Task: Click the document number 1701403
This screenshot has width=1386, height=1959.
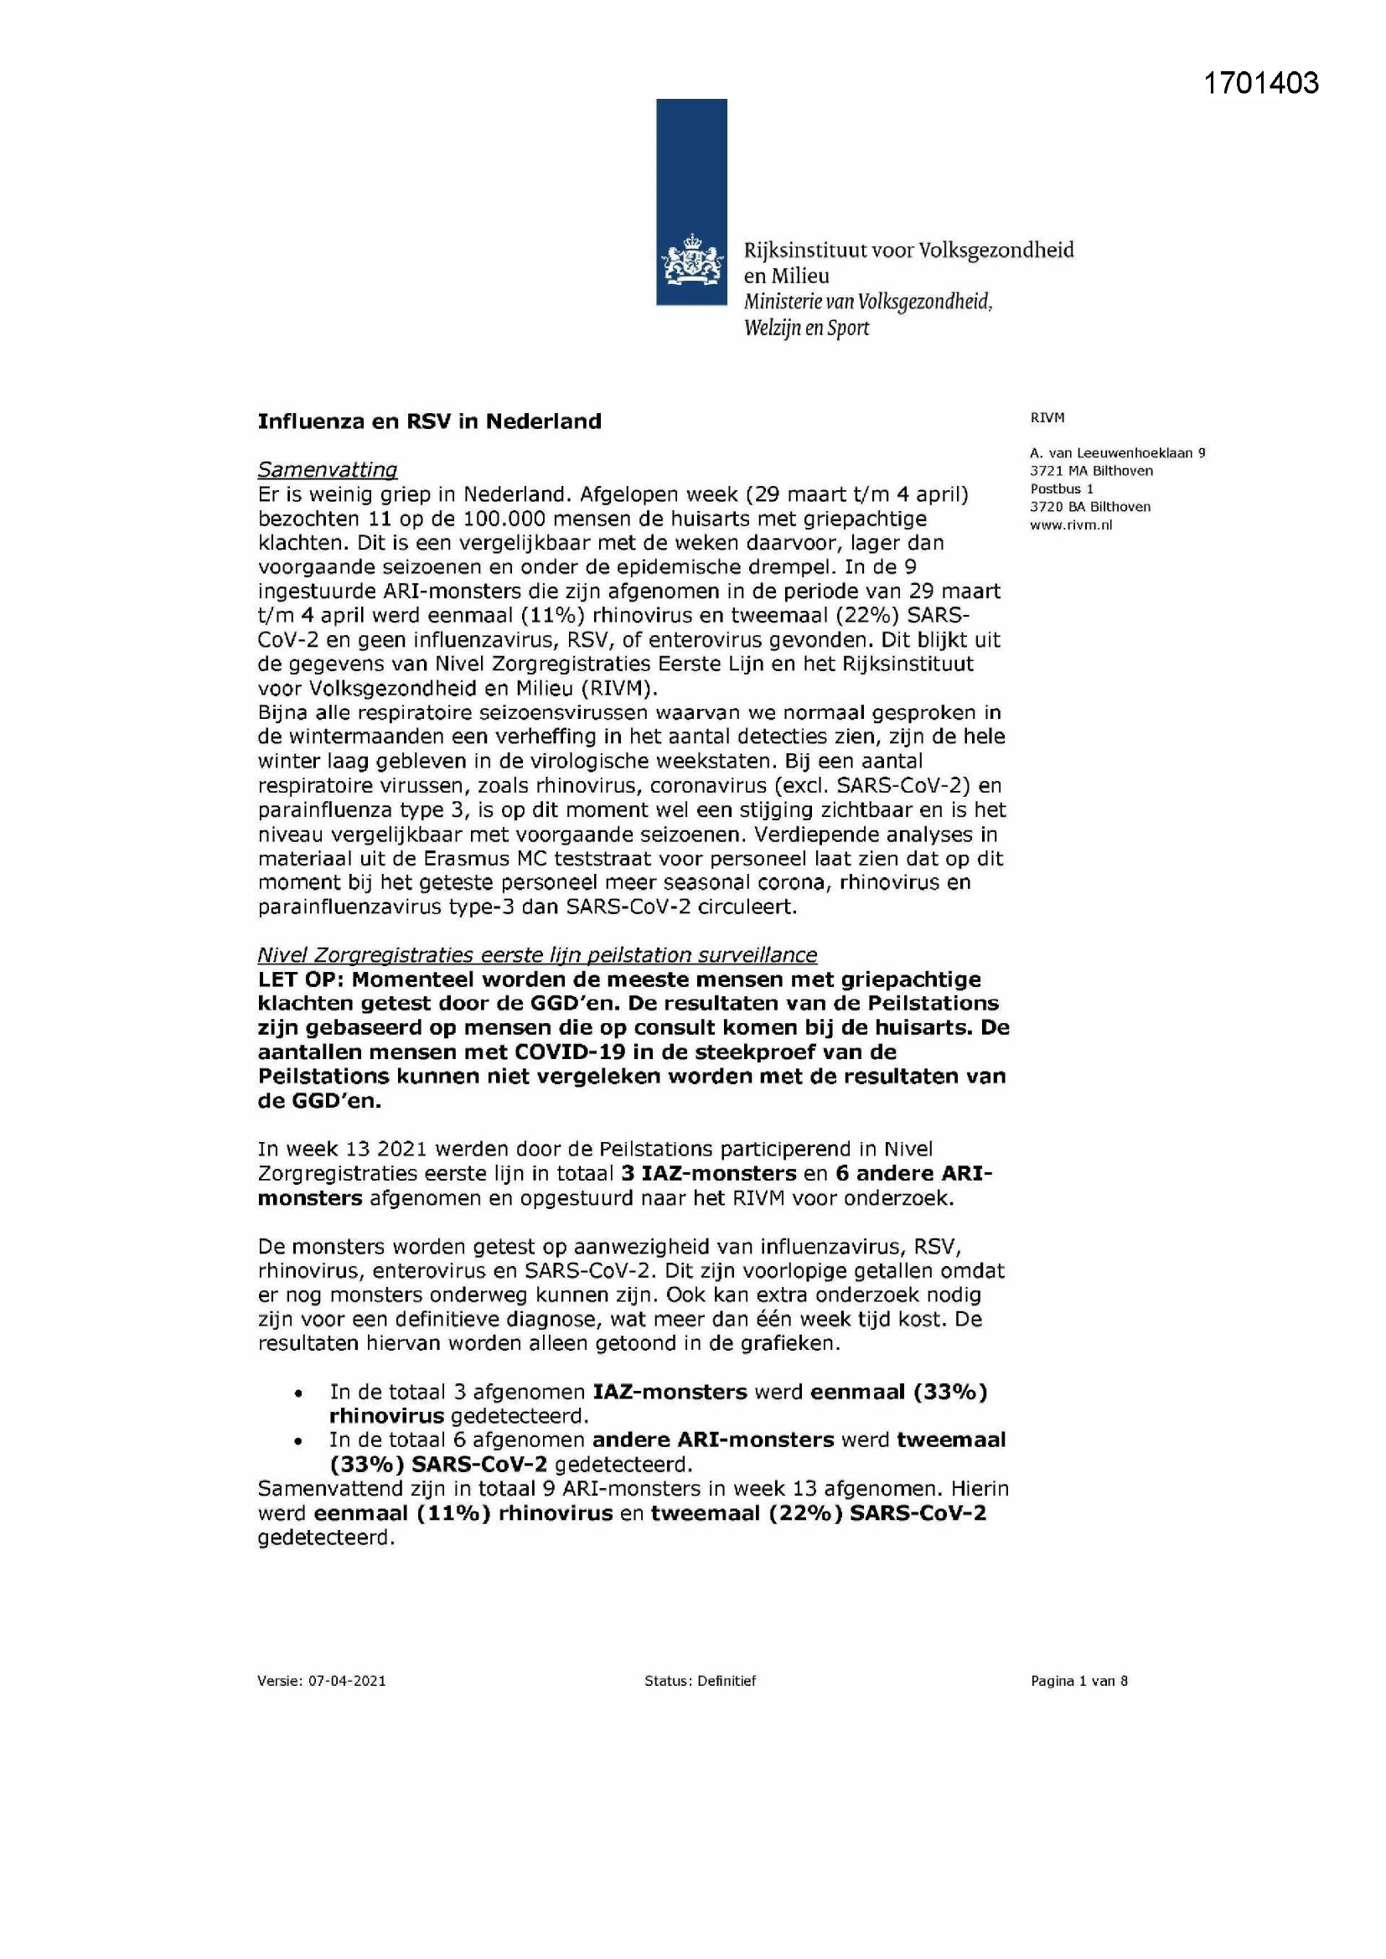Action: [1260, 84]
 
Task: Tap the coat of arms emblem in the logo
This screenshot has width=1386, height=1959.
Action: [690, 261]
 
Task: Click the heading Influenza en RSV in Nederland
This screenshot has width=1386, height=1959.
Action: [429, 421]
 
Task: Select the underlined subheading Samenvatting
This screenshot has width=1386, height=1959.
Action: [328, 470]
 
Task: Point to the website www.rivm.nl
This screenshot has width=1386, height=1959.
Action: [1071, 525]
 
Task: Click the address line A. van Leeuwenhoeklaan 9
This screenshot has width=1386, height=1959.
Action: [1117, 453]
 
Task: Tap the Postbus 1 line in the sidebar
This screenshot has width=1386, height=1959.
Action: [1062, 488]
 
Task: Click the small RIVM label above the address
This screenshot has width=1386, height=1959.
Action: [1047, 418]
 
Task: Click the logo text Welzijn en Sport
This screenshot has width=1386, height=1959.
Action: [806, 328]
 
